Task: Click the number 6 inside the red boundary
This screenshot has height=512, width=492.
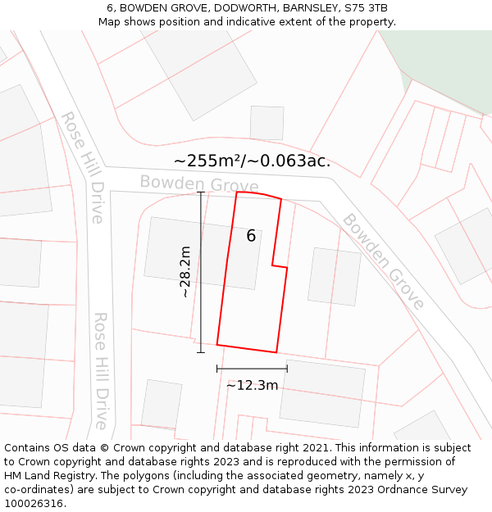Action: [251, 236]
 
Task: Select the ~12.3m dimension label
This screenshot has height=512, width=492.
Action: [252, 385]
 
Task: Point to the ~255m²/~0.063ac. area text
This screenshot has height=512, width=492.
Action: [252, 161]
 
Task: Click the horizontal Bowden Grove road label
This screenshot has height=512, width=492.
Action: [198, 183]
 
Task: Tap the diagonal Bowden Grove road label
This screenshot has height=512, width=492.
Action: [383, 261]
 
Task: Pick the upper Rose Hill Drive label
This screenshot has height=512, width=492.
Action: [83, 167]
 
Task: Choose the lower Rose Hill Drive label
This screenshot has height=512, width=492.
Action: [101, 369]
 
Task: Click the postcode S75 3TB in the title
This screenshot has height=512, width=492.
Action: [366, 8]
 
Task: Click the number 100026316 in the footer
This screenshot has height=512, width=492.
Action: [34, 503]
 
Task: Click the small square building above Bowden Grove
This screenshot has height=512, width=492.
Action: [266, 123]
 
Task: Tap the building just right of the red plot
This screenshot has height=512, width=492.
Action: [334, 277]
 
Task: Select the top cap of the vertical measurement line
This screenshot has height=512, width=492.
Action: [201, 192]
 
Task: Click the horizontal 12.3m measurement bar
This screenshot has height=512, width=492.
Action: [252, 369]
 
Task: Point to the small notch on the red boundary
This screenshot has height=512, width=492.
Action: [280, 265]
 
